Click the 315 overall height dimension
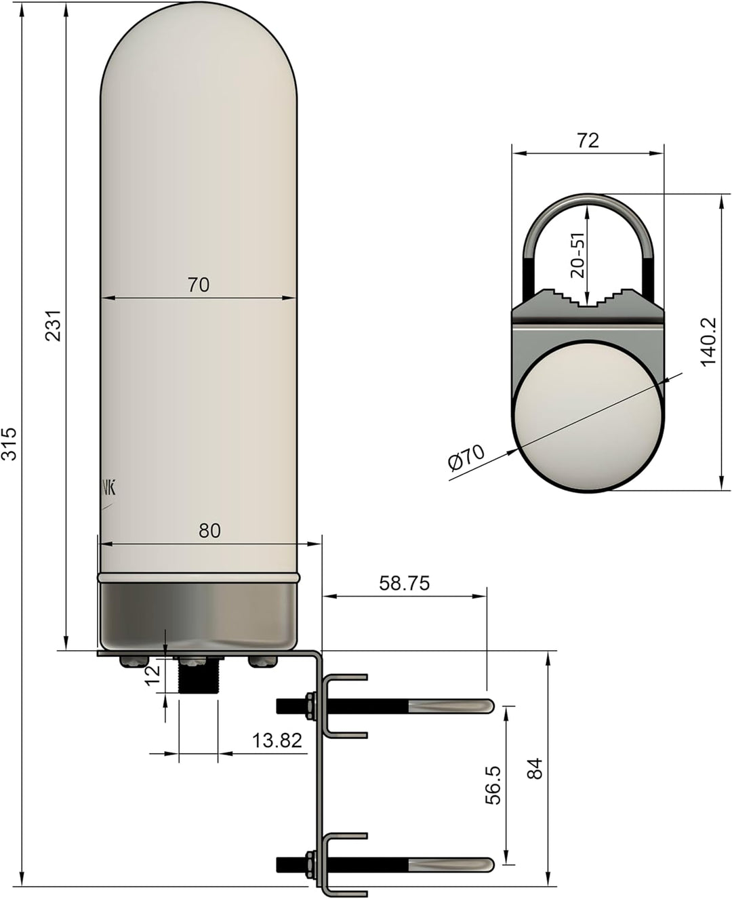9,443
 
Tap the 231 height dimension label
54,325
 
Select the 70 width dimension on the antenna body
199,285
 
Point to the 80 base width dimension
209,531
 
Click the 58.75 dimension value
405,583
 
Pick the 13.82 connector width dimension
277,740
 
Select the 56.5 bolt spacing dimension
493,785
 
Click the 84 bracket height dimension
535,768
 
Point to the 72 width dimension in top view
588,140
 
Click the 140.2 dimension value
708,342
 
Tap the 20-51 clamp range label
577,256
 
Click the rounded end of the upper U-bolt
487,706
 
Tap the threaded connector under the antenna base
197,674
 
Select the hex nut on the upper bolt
310,705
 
